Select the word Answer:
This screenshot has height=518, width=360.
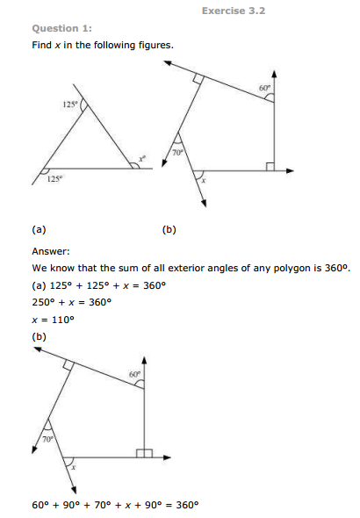53,249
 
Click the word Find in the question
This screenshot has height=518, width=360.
41,45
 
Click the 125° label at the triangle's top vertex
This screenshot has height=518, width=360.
70,105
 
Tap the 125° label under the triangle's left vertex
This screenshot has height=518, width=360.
54,181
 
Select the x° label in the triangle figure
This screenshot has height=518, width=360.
140,160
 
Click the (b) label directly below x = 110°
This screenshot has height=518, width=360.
39,335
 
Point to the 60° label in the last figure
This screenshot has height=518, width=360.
133,375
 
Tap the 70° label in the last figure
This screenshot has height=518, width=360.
48,437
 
